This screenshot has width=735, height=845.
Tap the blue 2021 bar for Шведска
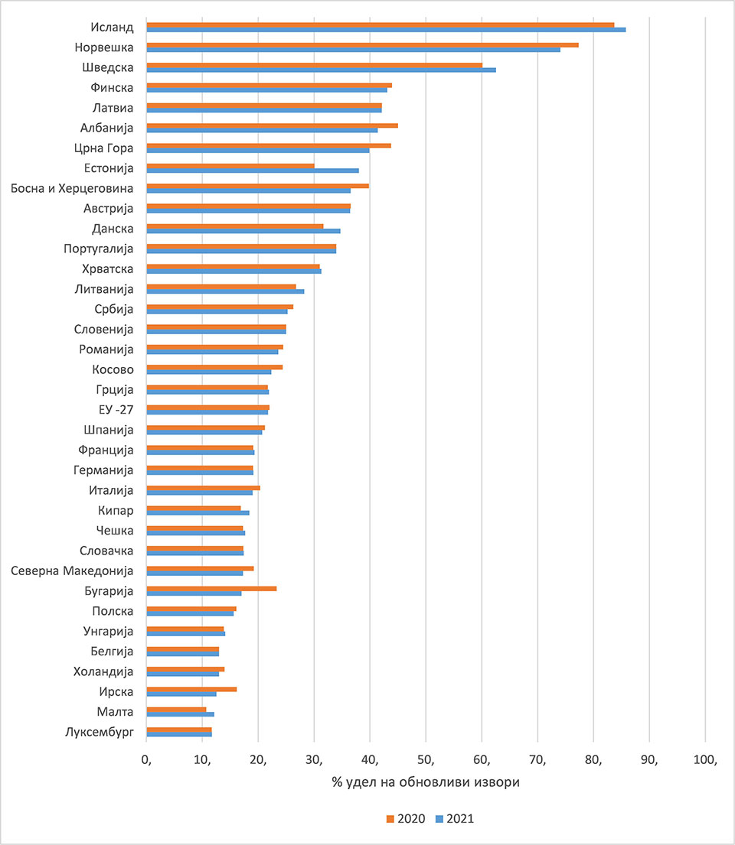[x=321, y=70]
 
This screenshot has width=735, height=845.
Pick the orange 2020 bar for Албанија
[x=272, y=125]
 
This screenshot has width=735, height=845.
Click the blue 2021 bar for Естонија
[x=252, y=171]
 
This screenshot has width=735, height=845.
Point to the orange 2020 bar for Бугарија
[x=211, y=588]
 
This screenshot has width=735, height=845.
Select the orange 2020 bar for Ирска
[x=191, y=689]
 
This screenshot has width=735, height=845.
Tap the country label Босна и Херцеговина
[x=73, y=188]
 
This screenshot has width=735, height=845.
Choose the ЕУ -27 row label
[x=112, y=410]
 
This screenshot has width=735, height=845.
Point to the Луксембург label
[x=100, y=732]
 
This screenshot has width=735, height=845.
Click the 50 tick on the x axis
[x=426, y=760]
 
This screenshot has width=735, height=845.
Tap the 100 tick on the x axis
[x=704, y=760]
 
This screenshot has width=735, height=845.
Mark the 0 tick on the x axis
[x=147, y=760]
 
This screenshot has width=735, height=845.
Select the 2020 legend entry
[x=406, y=818]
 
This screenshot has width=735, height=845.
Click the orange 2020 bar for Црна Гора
[x=269, y=145]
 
